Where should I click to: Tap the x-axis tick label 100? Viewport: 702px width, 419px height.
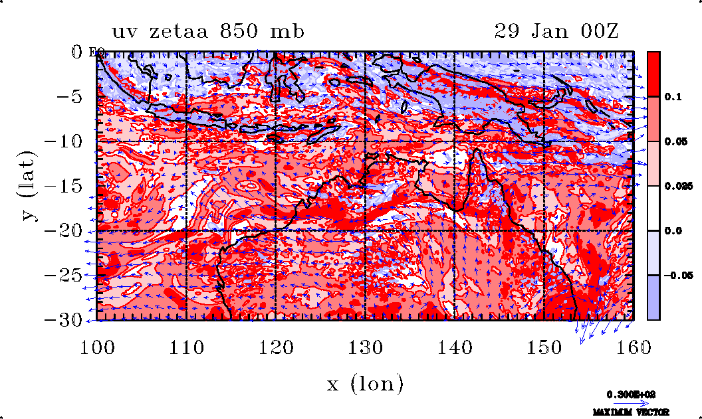click(98, 347)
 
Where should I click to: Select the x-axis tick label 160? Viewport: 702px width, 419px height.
click(632, 347)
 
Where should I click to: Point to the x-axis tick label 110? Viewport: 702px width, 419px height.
click(187, 347)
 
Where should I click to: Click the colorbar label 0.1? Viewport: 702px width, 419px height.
click(673, 97)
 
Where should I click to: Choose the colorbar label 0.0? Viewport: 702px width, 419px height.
click(673, 230)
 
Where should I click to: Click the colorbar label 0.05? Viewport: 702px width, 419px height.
click(675, 141)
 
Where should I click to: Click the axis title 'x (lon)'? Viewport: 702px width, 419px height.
click(365, 384)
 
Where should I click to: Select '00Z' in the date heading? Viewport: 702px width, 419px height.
click(597, 31)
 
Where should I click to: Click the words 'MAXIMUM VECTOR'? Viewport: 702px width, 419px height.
click(632, 412)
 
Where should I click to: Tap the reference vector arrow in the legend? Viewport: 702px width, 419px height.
click(632, 402)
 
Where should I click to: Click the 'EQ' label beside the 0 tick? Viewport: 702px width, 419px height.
click(94, 52)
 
